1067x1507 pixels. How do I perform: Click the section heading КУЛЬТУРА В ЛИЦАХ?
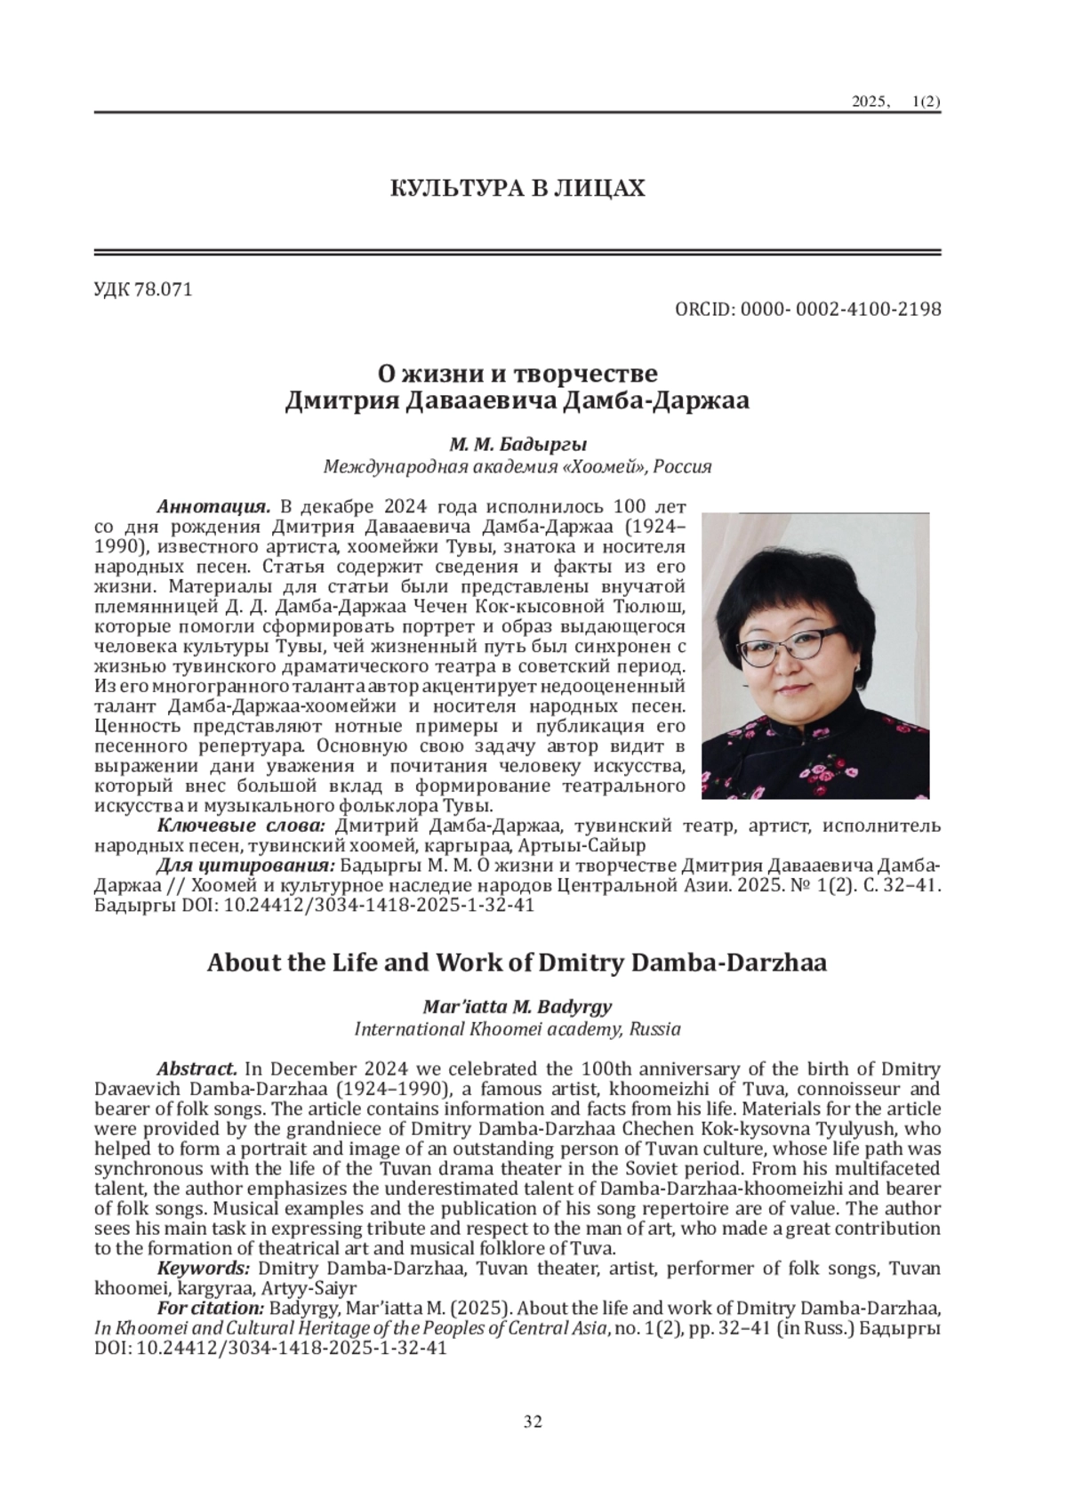point(517,189)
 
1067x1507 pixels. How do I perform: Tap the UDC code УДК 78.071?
point(142,290)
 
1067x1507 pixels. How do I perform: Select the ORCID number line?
point(807,310)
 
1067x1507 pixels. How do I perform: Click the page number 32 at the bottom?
point(533,1421)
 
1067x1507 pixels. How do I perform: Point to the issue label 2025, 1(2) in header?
point(895,102)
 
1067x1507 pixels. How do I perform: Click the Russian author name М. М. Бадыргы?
point(517,444)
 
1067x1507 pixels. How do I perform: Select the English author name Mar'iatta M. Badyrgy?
point(517,1007)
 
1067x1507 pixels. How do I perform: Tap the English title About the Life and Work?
point(517,963)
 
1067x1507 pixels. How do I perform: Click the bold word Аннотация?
point(213,507)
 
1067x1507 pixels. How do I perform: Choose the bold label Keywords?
point(203,1268)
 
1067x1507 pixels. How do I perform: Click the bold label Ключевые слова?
point(241,826)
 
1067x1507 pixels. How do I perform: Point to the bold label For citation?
point(210,1308)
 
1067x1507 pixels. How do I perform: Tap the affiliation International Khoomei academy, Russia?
point(517,1029)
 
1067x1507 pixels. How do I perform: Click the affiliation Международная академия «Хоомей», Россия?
point(517,466)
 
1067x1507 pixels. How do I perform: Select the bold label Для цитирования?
point(245,866)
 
